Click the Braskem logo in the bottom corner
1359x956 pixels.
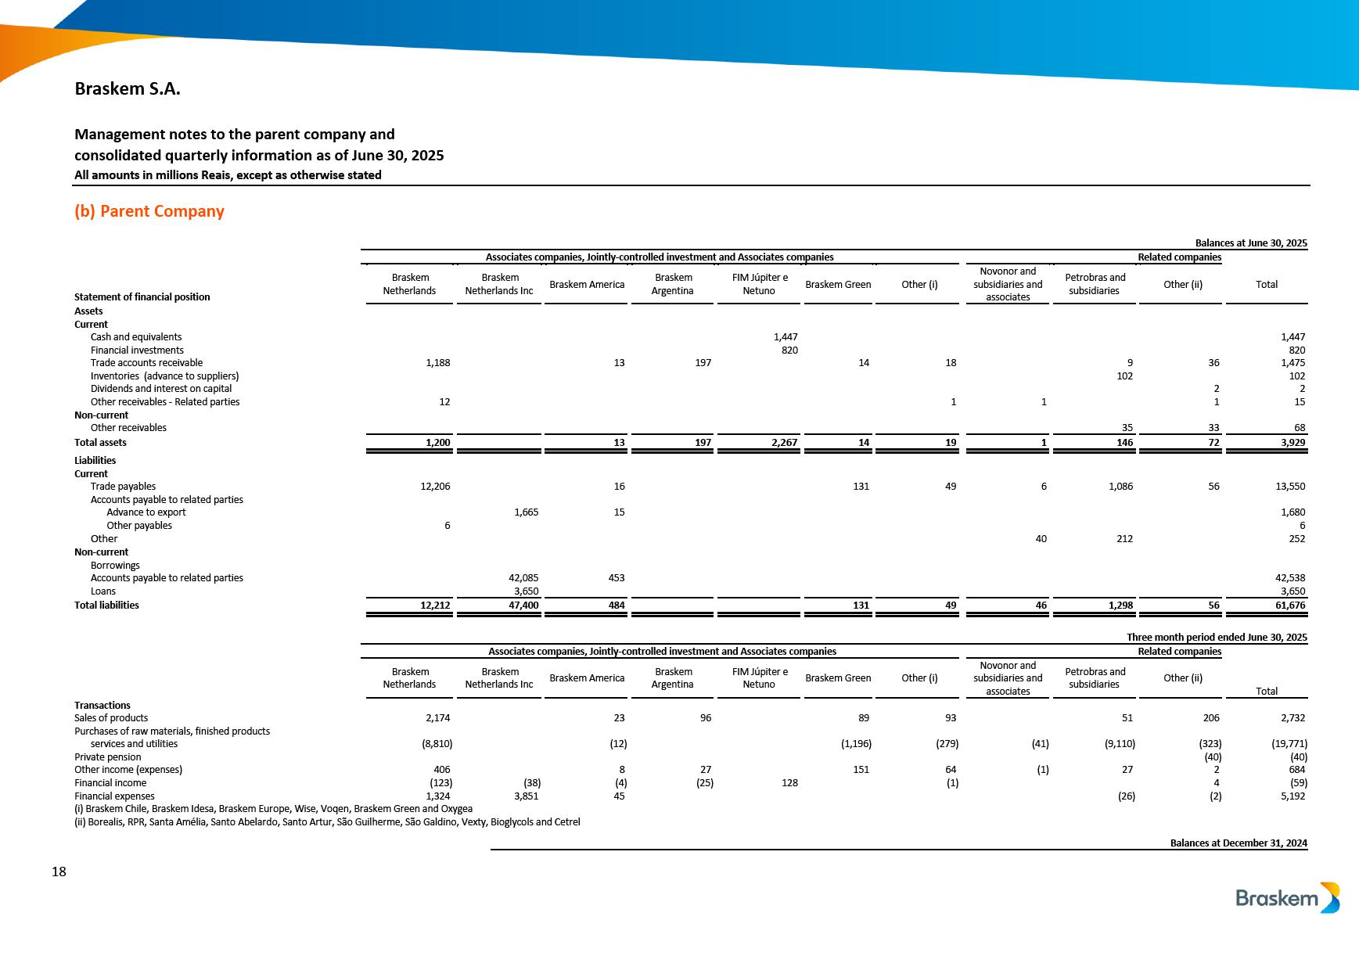click(x=1287, y=898)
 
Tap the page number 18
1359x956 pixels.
click(x=59, y=872)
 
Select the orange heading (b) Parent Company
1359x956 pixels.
click(x=149, y=211)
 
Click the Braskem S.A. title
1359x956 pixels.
click(x=128, y=89)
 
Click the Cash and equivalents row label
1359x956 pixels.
click(x=136, y=337)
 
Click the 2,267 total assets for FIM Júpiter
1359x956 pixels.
click(x=784, y=443)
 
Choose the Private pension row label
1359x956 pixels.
click(x=108, y=757)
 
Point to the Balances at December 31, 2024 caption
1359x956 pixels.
click(x=1239, y=843)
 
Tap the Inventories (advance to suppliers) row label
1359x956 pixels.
click(x=164, y=376)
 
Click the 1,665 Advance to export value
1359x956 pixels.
click(x=526, y=512)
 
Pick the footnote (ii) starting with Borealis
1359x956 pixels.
click(x=327, y=822)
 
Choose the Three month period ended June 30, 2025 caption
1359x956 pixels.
click(x=1217, y=638)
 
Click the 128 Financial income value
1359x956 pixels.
click(x=789, y=783)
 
